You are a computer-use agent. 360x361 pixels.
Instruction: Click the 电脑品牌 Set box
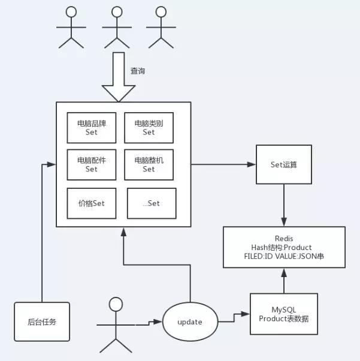(x=91, y=128)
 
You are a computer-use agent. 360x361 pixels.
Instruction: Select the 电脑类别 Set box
(x=149, y=128)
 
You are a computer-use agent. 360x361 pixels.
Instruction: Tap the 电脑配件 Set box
(x=91, y=164)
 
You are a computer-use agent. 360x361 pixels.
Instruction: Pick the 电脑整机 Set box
(x=149, y=164)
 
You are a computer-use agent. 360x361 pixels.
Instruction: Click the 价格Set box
(x=90, y=203)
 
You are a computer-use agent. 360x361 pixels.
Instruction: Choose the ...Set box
(x=152, y=203)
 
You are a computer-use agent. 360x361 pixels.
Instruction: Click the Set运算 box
(x=285, y=164)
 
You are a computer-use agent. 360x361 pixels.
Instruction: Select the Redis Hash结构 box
(x=284, y=247)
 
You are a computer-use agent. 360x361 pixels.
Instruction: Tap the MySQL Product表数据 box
(x=284, y=314)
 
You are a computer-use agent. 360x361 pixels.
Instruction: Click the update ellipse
(x=190, y=321)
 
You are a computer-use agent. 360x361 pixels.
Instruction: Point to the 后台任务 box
(x=41, y=321)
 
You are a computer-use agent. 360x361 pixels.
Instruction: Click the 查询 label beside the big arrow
(x=138, y=71)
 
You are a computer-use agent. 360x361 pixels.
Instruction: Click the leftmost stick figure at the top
(x=71, y=26)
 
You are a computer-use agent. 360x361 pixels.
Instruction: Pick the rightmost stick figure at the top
(x=159, y=26)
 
